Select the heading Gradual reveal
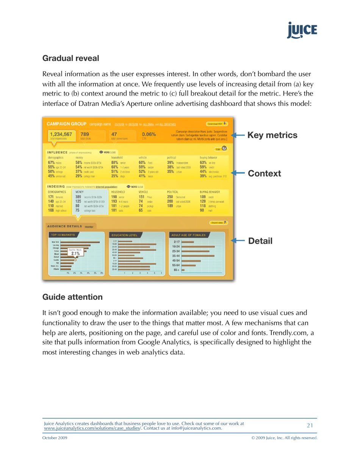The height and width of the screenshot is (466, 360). coord(70,59)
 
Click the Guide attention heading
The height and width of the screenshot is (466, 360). coord(72,297)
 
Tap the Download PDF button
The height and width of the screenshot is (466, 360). coord(216,124)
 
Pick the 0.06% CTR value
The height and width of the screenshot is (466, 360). coord(149,134)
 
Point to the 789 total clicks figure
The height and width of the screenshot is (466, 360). coord(85,134)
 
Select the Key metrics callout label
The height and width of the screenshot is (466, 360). coord(272,135)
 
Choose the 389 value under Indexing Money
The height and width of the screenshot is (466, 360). coord(79,197)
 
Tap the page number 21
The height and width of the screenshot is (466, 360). coord(310,425)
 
